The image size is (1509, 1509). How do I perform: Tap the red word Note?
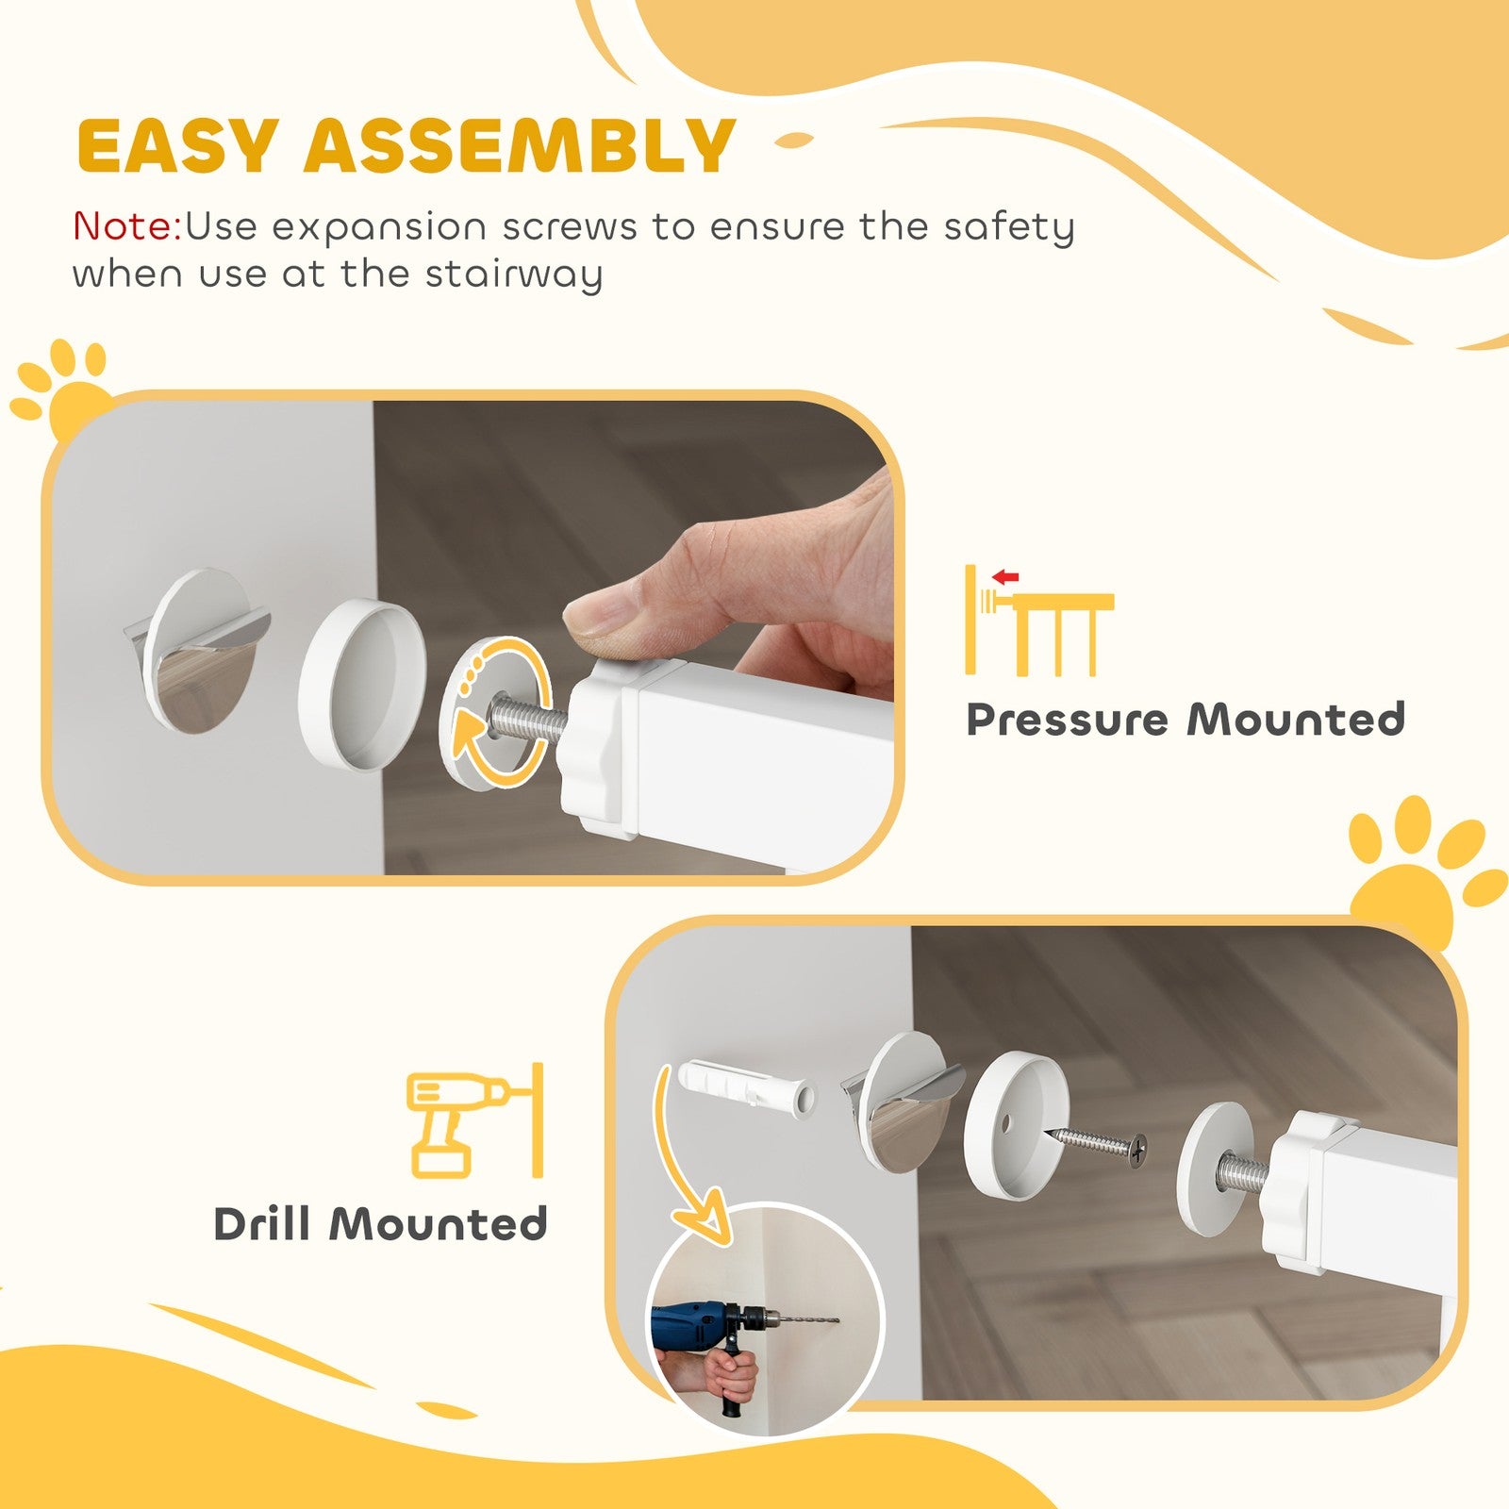coord(126,227)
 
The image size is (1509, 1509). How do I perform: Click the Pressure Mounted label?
coord(1186,720)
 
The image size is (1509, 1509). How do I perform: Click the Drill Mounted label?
coord(380,1224)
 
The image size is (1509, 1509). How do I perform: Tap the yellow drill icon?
coord(453,1122)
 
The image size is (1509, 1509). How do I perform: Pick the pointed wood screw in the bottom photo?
coord(1099,1143)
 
